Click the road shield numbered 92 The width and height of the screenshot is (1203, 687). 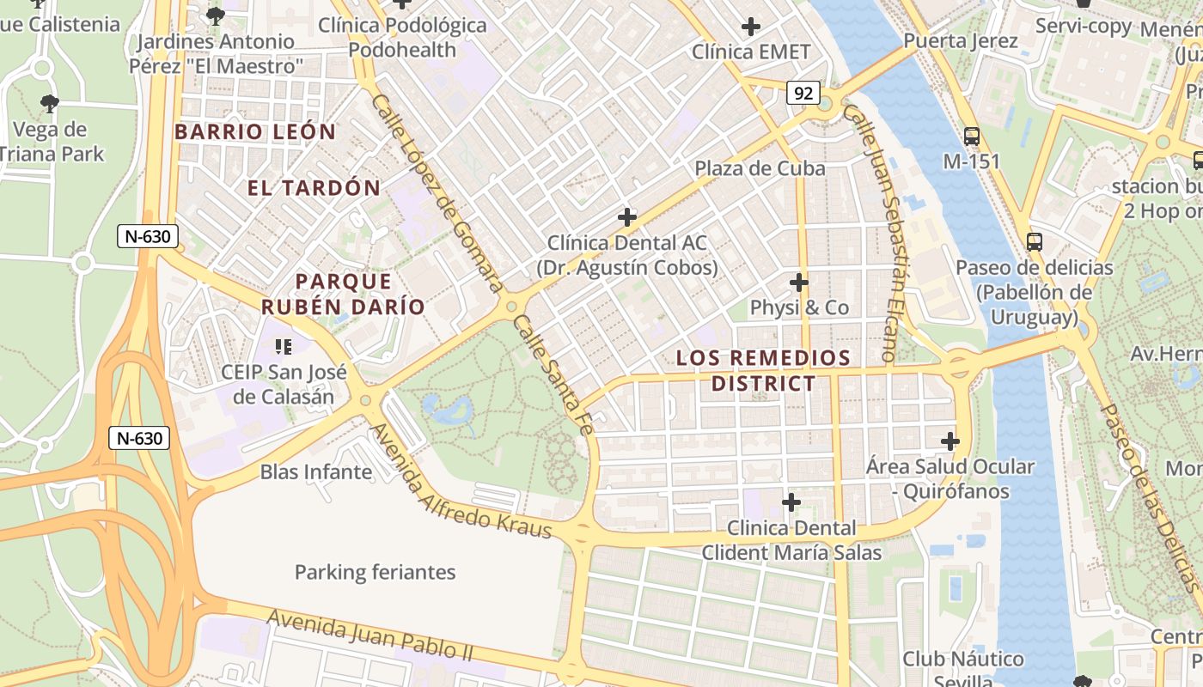[803, 93]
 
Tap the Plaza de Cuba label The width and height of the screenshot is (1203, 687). [760, 168]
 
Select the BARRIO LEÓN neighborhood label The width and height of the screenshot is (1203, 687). [255, 131]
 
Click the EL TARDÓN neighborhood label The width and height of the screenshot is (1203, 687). [314, 188]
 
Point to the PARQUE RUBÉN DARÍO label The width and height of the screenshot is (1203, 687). [343, 294]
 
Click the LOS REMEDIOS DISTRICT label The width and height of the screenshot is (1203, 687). [763, 370]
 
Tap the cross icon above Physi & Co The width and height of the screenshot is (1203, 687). [799, 282]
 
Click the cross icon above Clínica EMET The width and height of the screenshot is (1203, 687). [751, 27]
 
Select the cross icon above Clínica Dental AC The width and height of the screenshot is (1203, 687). [627, 217]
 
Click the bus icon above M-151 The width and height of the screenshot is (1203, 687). [972, 136]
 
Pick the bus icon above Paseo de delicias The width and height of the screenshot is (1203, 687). [1035, 242]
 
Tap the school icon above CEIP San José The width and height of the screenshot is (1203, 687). [283, 347]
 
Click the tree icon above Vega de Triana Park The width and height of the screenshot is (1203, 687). [50, 104]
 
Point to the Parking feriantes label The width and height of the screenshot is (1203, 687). [375, 572]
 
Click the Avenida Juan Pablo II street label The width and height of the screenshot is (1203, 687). [369, 636]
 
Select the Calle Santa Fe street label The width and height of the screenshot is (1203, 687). [550, 374]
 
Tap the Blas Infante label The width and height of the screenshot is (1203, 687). [316, 471]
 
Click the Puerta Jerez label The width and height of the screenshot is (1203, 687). [961, 40]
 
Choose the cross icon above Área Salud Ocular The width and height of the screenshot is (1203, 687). [950, 441]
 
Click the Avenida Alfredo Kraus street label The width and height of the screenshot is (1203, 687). [460, 481]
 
